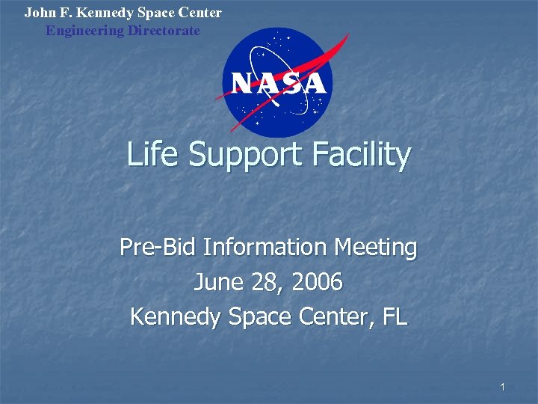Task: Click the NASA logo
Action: (x=277, y=82)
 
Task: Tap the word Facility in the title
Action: (x=364, y=155)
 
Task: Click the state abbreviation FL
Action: (x=395, y=316)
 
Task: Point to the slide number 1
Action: (x=503, y=387)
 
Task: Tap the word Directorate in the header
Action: (x=164, y=31)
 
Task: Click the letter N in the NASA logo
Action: (x=241, y=82)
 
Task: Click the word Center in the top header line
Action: (x=202, y=13)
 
